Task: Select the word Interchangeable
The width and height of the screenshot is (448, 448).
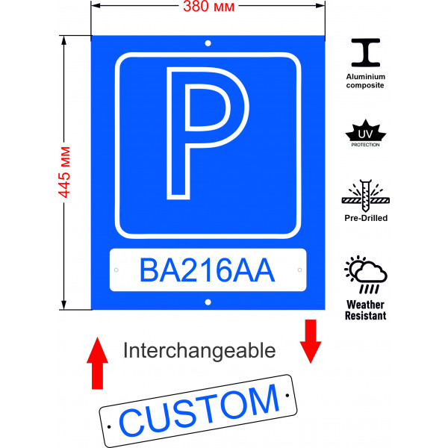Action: [x=199, y=350]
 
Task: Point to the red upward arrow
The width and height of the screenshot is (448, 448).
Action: [x=96, y=362]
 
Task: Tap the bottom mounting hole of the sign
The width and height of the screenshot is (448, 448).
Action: [x=208, y=302]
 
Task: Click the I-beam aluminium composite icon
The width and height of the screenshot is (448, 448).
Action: [x=365, y=55]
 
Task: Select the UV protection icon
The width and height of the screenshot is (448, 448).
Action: [x=365, y=132]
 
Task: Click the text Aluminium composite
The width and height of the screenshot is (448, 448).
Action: [x=365, y=81]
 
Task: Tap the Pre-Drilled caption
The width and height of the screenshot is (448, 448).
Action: [x=365, y=218]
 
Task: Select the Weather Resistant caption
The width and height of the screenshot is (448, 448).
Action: [x=365, y=311]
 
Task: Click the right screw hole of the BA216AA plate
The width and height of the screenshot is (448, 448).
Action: [x=299, y=270]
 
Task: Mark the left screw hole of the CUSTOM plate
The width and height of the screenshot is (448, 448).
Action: [x=111, y=426]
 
